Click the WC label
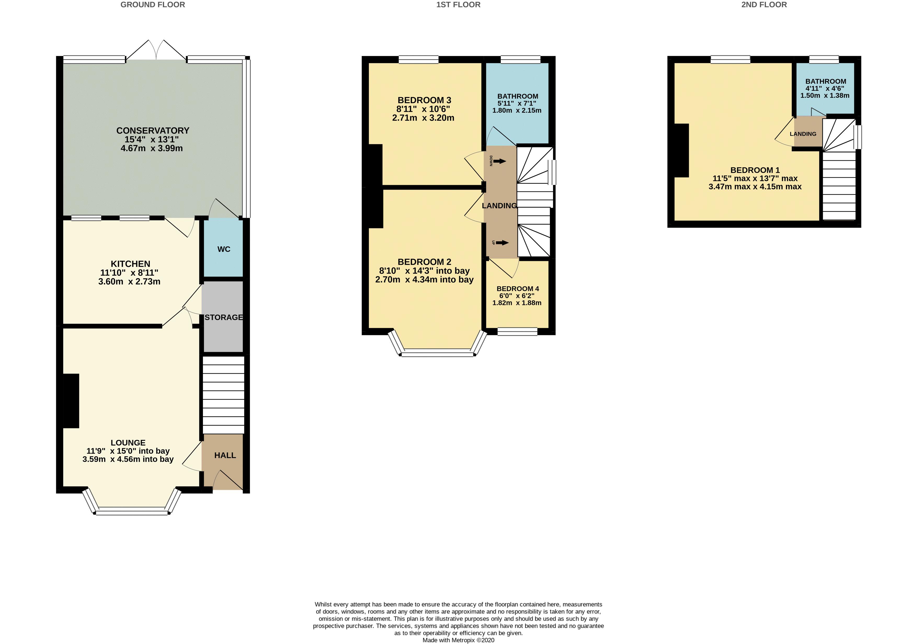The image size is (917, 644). (x=224, y=249)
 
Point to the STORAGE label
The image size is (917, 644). (x=224, y=317)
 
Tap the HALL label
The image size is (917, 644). (x=225, y=455)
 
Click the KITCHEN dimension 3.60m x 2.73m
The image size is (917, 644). (x=129, y=281)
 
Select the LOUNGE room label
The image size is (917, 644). (x=128, y=443)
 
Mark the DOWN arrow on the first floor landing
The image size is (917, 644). (x=499, y=161)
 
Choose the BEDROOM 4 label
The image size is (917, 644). (x=518, y=289)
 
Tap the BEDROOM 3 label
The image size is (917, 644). (x=424, y=100)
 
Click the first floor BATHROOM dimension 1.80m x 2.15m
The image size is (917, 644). (x=517, y=110)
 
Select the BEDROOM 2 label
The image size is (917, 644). (x=424, y=262)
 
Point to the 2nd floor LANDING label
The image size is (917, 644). (x=803, y=134)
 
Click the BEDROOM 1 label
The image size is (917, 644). (x=755, y=170)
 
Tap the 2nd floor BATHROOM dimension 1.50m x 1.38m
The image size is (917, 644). (x=825, y=95)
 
